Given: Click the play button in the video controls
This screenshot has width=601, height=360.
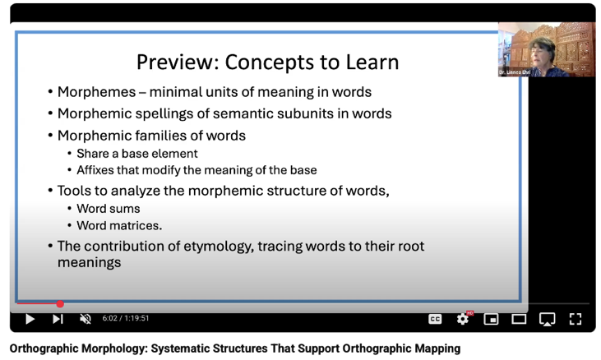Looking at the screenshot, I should [30, 319].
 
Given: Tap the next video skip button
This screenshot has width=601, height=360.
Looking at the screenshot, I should [58, 319].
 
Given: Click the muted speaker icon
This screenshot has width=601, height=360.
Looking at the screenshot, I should [84, 319].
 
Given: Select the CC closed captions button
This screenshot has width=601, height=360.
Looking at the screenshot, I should [435, 319].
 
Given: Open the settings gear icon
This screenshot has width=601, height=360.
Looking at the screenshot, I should [463, 319].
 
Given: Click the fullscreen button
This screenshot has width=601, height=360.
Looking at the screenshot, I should [576, 319].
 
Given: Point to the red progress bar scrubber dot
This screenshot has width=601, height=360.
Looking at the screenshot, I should [60, 304].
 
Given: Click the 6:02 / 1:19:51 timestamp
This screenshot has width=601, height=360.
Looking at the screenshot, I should [126, 319].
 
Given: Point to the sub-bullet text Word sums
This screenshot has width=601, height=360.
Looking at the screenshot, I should [108, 209].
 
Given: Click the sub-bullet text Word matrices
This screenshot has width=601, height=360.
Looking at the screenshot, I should [119, 225].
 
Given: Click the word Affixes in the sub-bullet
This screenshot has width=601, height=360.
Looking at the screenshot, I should [96, 170].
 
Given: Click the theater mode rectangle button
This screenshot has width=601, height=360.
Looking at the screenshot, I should [519, 319].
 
